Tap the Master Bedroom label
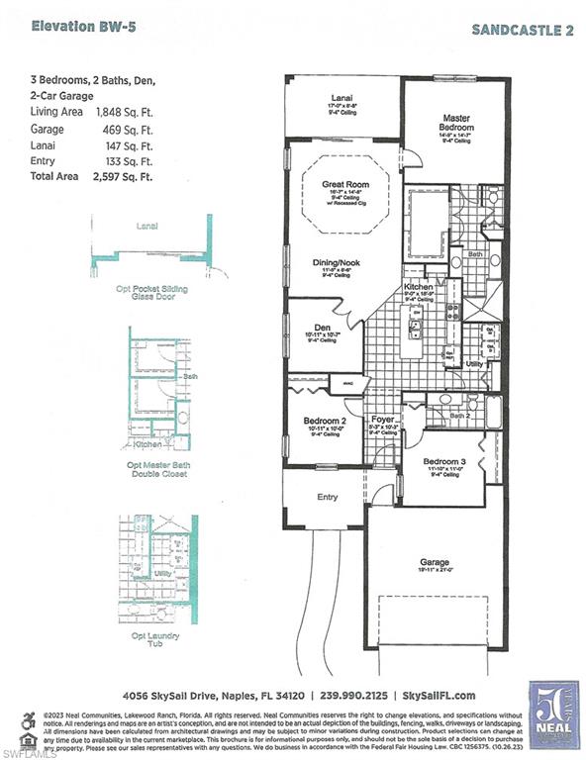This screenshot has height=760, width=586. (456, 124)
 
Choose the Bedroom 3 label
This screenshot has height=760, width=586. (443, 462)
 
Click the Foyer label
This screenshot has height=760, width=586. (382, 419)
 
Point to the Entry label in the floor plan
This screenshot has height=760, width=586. (327, 497)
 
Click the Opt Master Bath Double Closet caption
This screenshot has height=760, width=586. (157, 468)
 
